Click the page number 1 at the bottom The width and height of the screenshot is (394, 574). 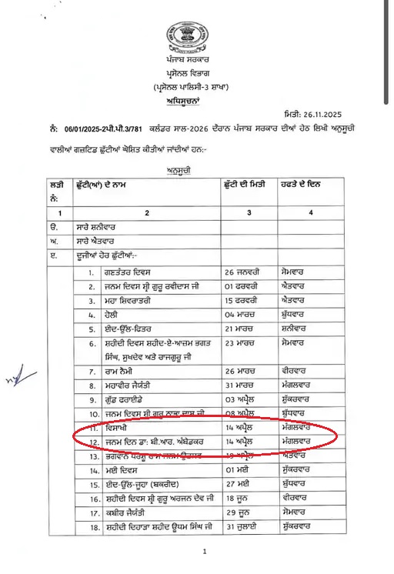(x=205, y=552)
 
